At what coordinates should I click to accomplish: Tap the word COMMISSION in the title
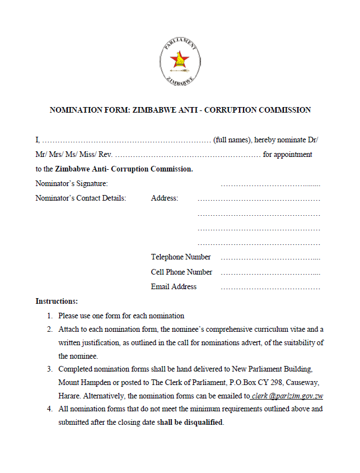(282, 110)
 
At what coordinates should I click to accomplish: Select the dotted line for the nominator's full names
(126, 140)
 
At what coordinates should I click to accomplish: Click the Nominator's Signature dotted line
(270, 184)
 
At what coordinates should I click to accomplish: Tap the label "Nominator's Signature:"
(72, 183)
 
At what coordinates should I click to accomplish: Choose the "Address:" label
(165, 198)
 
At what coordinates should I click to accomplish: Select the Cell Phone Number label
(181, 272)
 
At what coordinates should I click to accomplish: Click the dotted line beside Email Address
(270, 287)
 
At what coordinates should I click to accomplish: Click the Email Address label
(174, 286)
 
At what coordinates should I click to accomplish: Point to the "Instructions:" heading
(57, 301)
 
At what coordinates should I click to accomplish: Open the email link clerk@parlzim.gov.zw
(288, 396)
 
